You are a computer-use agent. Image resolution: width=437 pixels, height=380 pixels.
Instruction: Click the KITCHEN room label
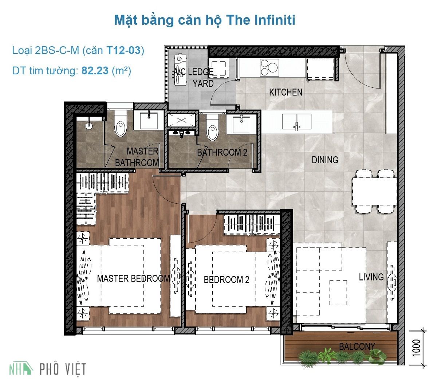tap(286, 92)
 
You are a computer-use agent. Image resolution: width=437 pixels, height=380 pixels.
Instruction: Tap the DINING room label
tap(325, 160)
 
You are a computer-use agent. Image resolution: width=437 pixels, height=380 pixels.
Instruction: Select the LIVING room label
tap(371, 277)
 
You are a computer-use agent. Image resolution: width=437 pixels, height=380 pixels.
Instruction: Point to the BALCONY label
tap(357, 346)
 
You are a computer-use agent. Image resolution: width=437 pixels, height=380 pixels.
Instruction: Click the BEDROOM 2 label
tap(227, 279)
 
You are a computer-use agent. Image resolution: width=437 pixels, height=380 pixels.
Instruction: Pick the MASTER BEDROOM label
tap(134, 279)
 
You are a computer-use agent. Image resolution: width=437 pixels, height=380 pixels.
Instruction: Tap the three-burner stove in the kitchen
tap(269, 67)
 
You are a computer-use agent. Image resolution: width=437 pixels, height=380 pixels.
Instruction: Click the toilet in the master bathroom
tap(120, 125)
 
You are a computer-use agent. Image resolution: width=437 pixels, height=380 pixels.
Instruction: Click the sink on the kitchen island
tap(297, 122)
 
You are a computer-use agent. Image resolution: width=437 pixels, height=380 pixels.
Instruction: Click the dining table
tap(374, 191)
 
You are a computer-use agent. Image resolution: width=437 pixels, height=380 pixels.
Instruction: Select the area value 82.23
tap(95, 70)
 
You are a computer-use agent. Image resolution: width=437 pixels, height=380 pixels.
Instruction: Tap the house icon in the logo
tap(27, 368)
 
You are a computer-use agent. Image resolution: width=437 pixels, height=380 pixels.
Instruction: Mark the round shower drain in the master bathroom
tap(88, 126)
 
